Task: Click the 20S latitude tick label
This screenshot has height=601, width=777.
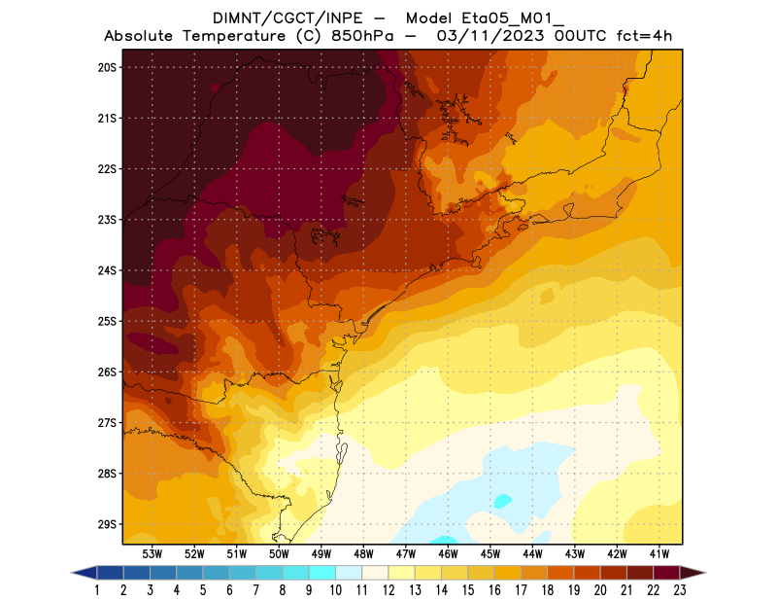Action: (x=107, y=67)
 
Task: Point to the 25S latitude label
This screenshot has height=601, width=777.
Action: (x=107, y=321)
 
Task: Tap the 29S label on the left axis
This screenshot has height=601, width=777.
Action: (x=107, y=524)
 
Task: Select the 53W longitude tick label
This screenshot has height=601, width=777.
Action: (x=152, y=553)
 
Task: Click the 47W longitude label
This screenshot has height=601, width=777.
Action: (x=406, y=553)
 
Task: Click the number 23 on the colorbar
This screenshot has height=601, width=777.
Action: (x=679, y=589)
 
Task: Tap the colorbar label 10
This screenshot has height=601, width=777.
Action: (x=335, y=589)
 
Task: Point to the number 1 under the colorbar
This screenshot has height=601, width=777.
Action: (x=98, y=589)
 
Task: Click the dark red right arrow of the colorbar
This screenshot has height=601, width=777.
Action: (x=692, y=573)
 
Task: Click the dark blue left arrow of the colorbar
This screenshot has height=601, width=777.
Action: (x=84, y=573)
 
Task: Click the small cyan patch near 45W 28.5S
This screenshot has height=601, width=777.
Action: (x=502, y=501)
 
